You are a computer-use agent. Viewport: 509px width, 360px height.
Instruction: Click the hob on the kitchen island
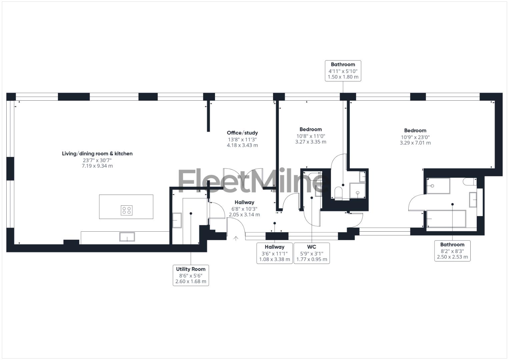coord(127,210)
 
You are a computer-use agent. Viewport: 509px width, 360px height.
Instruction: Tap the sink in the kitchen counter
coord(127,237)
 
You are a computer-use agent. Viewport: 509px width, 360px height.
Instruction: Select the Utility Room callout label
coord(191,275)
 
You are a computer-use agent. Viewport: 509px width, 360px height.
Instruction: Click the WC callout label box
coord(311,253)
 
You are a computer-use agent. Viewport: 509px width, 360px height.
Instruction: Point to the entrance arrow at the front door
coord(236,238)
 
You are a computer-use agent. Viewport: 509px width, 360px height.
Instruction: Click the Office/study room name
coord(242,133)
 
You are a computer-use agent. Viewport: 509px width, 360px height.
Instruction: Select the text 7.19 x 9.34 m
coord(97,166)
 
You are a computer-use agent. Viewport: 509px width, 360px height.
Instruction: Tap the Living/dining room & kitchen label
coord(97,154)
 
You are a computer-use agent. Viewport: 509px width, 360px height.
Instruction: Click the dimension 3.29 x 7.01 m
coord(415,143)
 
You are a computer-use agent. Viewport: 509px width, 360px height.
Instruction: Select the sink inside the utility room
coord(177,220)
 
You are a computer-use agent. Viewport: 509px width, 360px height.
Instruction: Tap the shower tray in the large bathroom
coord(438,186)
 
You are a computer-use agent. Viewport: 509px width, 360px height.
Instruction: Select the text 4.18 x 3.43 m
coord(242,145)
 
